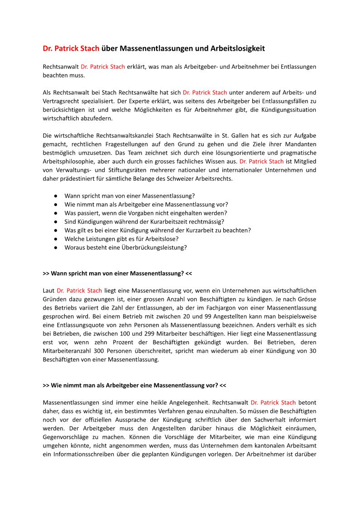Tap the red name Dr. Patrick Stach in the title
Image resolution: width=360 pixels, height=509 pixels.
[71, 48]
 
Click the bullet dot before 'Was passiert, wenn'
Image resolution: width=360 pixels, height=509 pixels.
[55, 213]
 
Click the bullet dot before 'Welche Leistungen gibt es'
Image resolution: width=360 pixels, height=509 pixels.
[55, 239]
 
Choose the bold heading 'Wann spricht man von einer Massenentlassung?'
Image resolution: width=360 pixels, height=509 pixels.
[117, 273]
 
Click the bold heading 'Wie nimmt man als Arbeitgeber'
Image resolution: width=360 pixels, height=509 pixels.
[134, 385]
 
